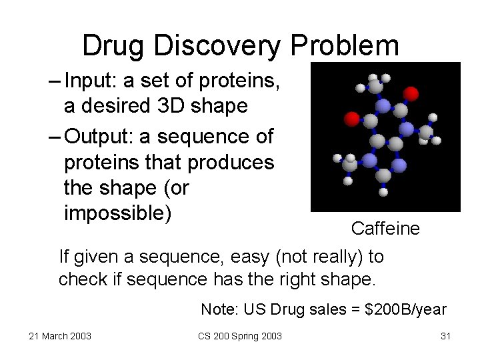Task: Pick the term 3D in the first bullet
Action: point(173,105)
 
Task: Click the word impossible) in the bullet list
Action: point(117,213)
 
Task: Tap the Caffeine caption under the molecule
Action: point(385,229)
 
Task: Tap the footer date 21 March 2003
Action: point(60,336)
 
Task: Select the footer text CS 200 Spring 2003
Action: point(239,336)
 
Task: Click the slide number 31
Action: point(446,336)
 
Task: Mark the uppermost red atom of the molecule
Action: point(411,93)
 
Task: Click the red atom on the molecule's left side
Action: point(351,119)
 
